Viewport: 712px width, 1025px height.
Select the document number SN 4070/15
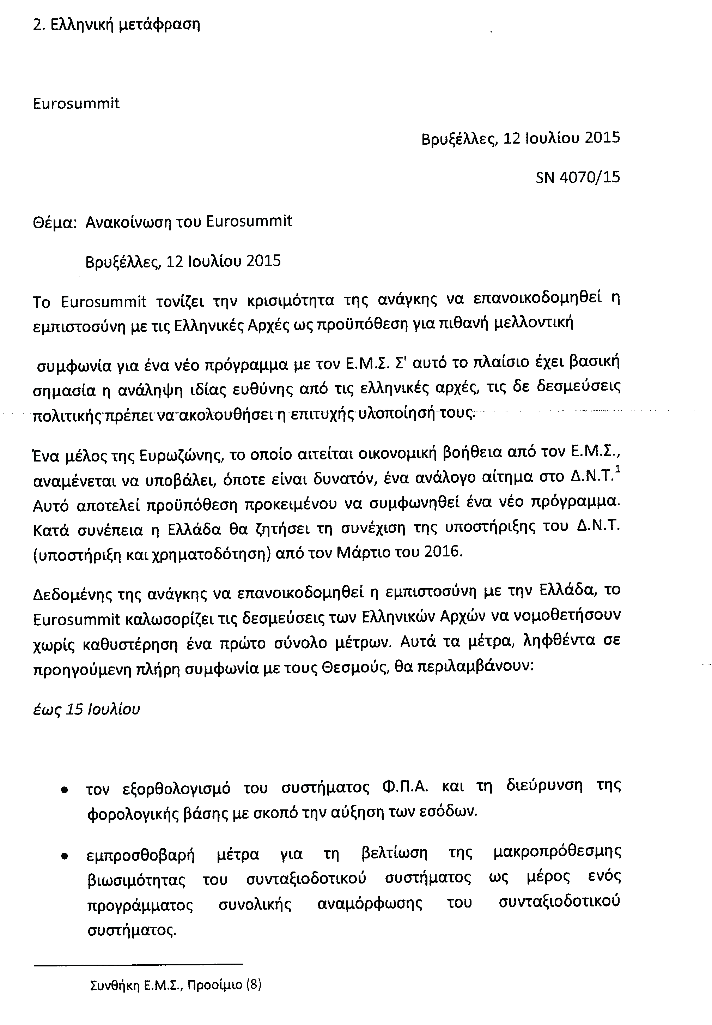click(578, 177)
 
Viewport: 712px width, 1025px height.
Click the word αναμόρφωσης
click(370, 904)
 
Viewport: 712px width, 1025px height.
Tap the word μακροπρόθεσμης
click(557, 853)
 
